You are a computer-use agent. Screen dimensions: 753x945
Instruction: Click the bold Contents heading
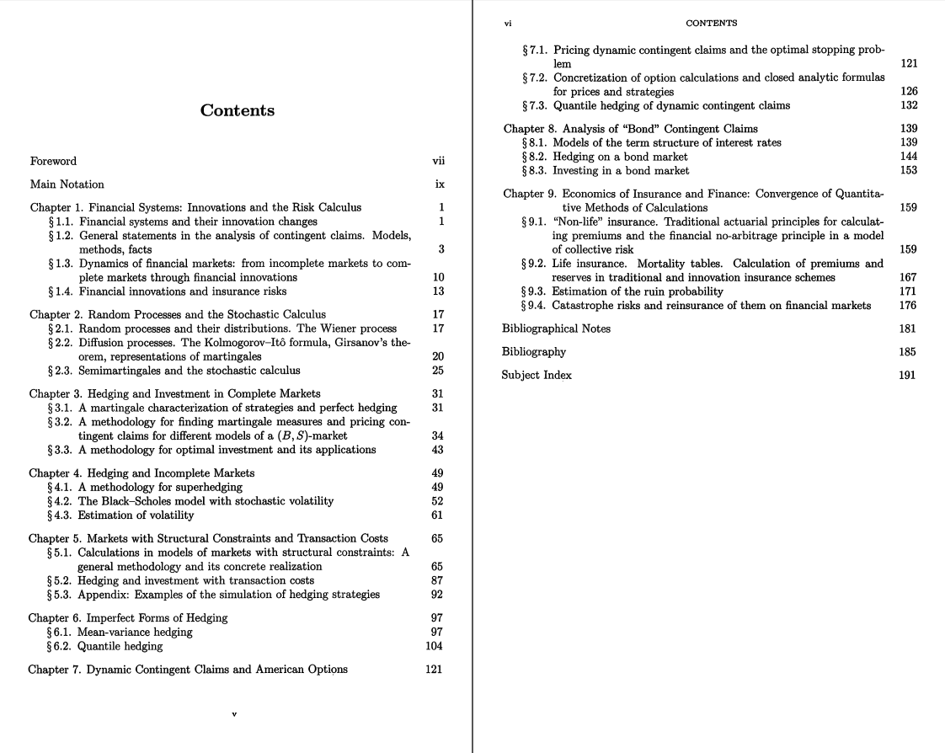point(237,110)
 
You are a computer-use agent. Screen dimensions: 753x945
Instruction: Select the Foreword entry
point(53,161)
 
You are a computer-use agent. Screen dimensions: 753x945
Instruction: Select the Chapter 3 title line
point(174,393)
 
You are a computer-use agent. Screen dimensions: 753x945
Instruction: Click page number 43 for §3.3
point(437,450)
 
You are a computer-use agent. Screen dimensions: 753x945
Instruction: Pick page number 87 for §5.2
point(437,580)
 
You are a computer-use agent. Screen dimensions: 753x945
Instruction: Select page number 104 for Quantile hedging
point(434,646)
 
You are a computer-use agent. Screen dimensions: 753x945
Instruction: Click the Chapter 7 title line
point(188,670)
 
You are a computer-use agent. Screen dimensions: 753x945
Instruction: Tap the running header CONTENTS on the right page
point(712,24)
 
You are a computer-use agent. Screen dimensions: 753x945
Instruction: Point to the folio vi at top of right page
point(508,24)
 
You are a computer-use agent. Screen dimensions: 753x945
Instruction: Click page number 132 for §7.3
point(908,105)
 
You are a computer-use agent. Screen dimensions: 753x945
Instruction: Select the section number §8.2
point(536,157)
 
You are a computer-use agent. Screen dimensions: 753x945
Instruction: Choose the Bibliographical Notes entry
point(556,328)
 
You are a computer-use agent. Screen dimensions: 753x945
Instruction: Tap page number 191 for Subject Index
point(907,375)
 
